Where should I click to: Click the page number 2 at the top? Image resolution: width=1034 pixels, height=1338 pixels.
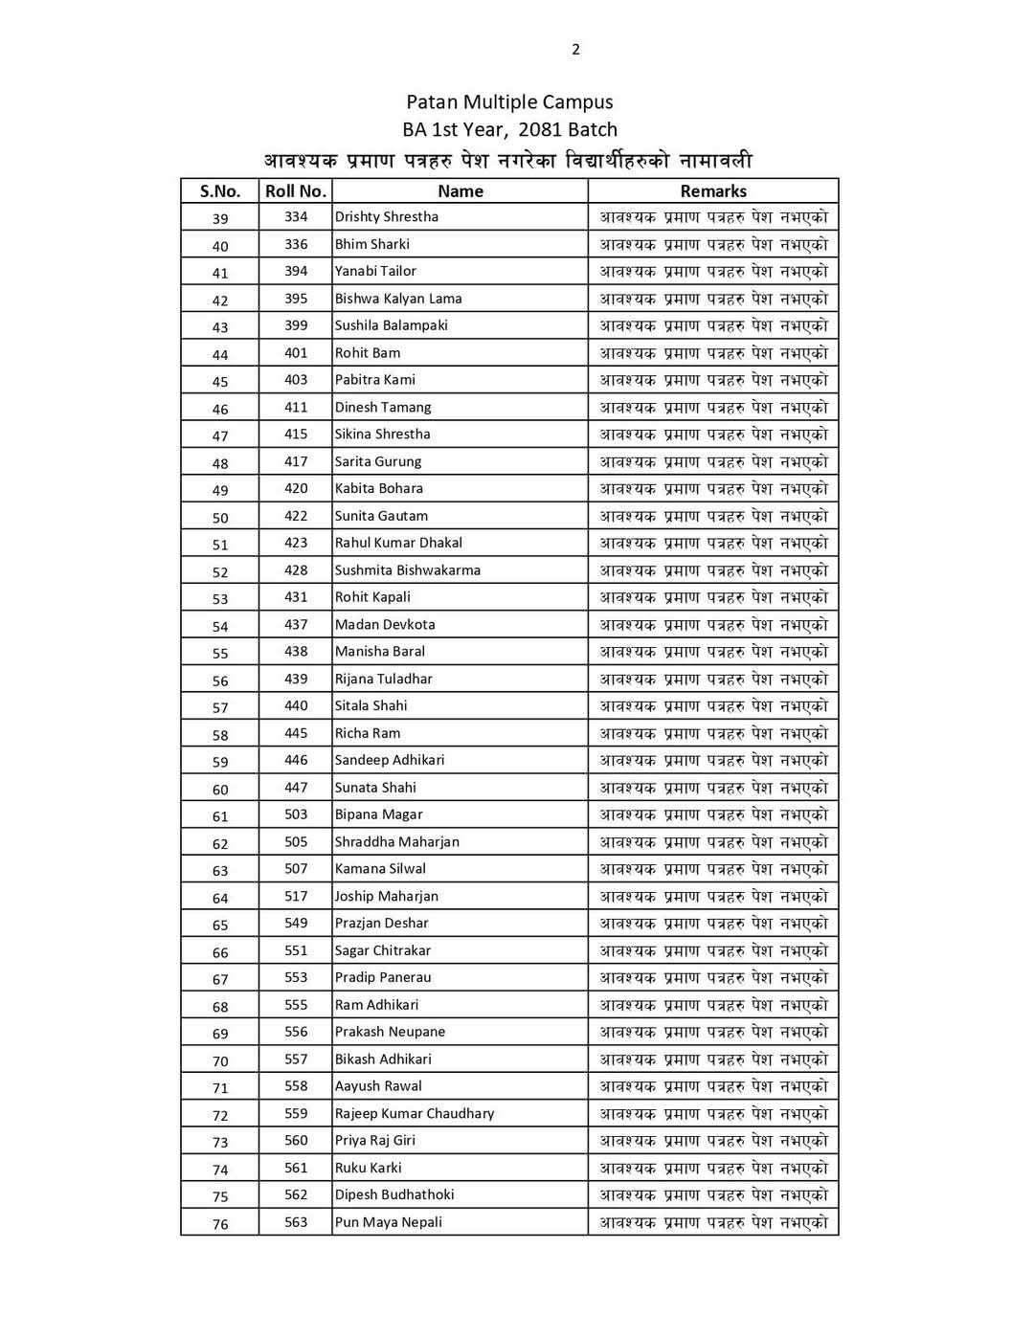575,50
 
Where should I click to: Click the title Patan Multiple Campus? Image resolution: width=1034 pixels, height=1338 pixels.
509,102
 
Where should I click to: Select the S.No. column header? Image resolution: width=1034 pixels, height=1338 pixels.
220,191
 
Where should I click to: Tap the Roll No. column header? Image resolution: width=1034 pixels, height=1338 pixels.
296,191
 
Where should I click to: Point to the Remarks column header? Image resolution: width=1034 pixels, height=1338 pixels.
713,191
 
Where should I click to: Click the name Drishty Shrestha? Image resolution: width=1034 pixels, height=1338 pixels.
387,217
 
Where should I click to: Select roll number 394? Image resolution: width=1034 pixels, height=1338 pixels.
296,271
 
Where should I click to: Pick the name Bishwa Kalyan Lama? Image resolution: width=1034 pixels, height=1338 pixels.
398,299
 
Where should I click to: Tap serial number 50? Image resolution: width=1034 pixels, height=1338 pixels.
220,518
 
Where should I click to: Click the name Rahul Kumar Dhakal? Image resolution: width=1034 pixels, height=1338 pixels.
398,543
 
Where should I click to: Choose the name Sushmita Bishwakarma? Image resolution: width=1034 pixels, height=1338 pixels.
408,570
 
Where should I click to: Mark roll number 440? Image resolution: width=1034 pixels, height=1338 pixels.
296,706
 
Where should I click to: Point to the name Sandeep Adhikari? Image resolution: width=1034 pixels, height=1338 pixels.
390,760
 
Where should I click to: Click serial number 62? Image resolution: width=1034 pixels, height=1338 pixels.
220,844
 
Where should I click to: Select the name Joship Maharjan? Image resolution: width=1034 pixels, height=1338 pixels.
387,897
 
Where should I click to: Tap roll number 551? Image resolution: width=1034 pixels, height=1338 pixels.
296,950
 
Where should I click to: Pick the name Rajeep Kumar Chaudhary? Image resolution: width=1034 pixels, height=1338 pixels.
415,1114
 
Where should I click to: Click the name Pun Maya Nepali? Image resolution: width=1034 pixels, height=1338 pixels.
389,1222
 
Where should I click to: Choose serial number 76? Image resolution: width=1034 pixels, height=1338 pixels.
220,1224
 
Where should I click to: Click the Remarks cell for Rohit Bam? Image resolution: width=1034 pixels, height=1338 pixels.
713,353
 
